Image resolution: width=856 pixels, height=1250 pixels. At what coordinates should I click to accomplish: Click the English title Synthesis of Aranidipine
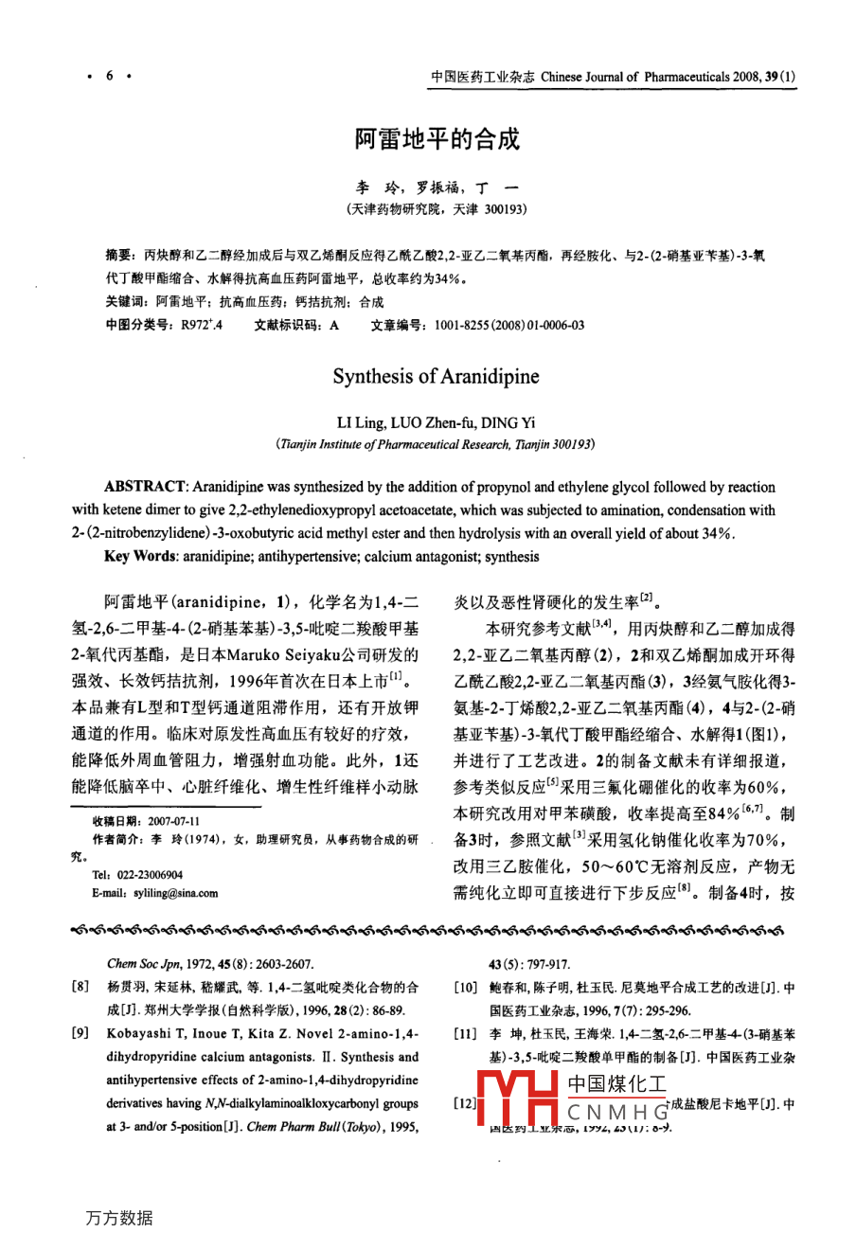pyautogui.click(x=436, y=377)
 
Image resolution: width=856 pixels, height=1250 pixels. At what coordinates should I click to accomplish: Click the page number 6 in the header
pyautogui.click(x=109, y=76)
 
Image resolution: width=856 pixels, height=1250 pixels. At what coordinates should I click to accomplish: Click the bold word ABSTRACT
pyautogui.click(x=145, y=488)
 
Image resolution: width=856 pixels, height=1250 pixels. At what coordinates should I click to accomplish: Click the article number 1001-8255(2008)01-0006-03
pyautogui.click(x=509, y=325)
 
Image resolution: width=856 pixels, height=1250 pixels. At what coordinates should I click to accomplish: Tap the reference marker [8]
pyautogui.click(x=81, y=987)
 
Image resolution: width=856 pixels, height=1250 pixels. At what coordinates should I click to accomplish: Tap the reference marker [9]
pyautogui.click(x=81, y=1033)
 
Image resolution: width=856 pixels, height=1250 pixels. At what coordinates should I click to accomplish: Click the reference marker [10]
pyautogui.click(x=464, y=988)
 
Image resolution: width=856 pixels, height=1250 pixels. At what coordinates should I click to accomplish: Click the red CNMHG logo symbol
pyautogui.click(x=518, y=1101)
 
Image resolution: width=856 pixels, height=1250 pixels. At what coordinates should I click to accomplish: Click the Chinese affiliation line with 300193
pyautogui.click(x=437, y=208)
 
